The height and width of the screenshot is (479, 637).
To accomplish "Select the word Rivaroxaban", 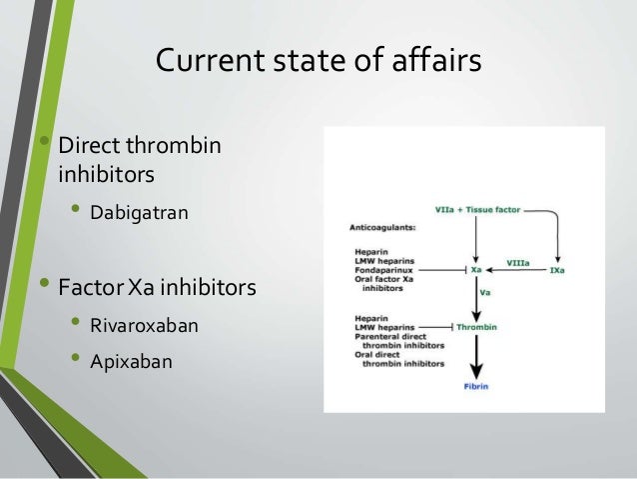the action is point(144,325).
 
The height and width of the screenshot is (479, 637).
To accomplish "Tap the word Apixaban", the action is point(131,360).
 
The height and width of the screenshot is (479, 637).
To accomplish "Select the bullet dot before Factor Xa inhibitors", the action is point(44,286).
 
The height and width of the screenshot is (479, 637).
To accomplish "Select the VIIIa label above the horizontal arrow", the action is point(517,262).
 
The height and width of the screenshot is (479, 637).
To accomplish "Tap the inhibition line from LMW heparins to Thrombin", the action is point(429,327).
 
